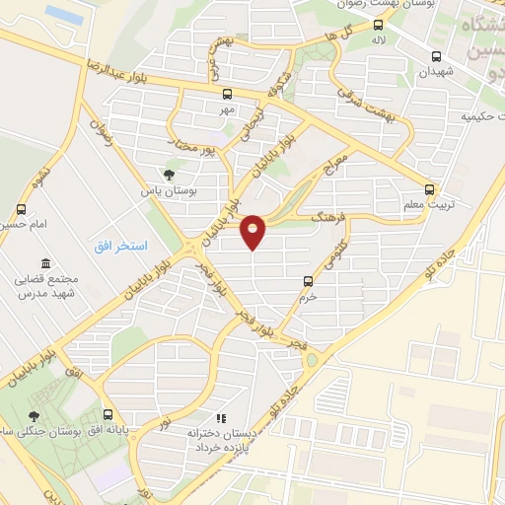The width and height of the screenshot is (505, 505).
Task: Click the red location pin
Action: click(x=254, y=230)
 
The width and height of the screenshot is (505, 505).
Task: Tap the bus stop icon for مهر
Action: click(x=227, y=94)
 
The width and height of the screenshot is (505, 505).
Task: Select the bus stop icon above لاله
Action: click(x=378, y=26)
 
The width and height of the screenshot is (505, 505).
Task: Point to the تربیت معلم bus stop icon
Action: click(x=428, y=188)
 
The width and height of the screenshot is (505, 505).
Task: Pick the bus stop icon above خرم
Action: click(x=309, y=280)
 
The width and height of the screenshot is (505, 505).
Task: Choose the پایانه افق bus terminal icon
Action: click(x=108, y=414)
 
